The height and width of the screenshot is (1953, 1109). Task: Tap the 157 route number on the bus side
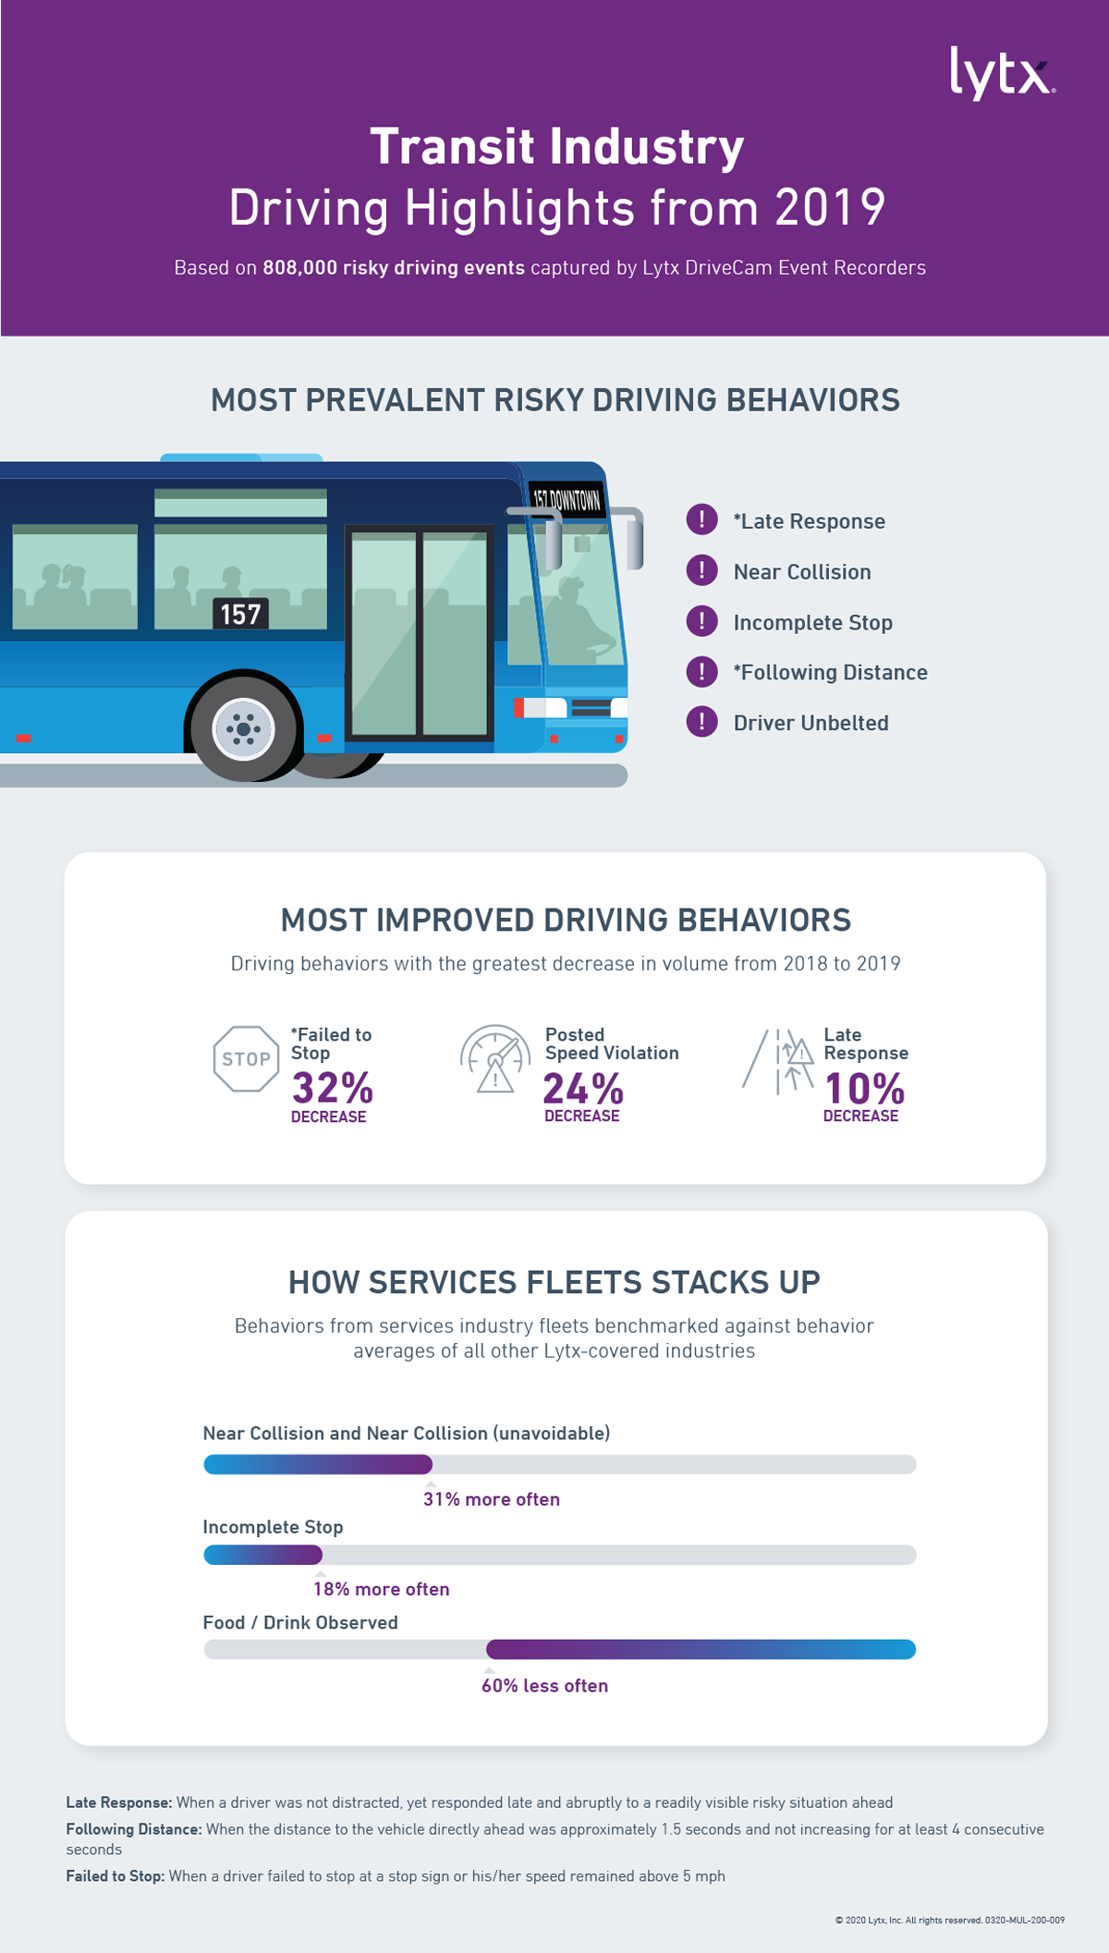[240, 614]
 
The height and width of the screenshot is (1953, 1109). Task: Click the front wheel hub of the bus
[244, 729]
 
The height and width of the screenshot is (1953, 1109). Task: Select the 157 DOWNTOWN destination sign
[567, 500]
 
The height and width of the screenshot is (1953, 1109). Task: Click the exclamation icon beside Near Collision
[701, 571]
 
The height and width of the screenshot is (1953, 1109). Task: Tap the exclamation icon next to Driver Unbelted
[701, 722]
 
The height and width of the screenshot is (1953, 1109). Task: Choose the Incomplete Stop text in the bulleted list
[812, 623]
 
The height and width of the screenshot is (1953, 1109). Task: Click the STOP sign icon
[246, 1059]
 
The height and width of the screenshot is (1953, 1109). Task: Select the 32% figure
[333, 1088]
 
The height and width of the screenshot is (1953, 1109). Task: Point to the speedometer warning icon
[495, 1059]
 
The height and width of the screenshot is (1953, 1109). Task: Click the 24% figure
[583, 1088]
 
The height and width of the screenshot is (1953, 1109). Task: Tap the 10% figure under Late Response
[864, 1088]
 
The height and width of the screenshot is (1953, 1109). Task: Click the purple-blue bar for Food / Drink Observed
[701, 1649]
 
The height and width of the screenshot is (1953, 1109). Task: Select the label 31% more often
[491, 1499]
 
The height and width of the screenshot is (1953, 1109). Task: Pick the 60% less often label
[544, 1686]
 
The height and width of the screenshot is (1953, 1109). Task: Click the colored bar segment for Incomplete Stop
[263, 1555]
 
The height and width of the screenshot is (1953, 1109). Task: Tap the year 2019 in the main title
[830, 207]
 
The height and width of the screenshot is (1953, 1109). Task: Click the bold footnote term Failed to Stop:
[116, 1876]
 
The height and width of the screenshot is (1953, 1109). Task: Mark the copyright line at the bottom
[949, 1920]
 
